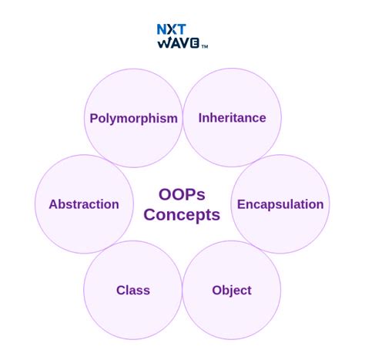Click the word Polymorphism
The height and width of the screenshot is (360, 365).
pyautogui.click(x=133, y=119)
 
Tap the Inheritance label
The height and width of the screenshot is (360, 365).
pyautogui.click(x=232, y=118)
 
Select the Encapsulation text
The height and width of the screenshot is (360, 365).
pyautogui.click(x=280, y=204)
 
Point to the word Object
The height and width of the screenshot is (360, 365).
pyautogui.click(x=232, y=291)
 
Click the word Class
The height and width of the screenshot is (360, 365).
pyautogui.click(x=133, y=291)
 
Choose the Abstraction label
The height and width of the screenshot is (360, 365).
pyautogui.click(x=84, y=204)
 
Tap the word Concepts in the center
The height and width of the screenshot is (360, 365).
pyautogui.click(x=182, y=215)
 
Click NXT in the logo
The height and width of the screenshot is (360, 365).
pyautogui.click(x=172, y=30)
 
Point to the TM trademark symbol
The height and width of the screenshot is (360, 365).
pyautogui.click(x=205, y=46)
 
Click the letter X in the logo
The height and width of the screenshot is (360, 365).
pyautogui.click(x=172, y=30)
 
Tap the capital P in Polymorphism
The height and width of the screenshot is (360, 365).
pyautogui.click(x=94, y=119)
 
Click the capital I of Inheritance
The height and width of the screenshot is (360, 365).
pyautogui.click(x=200, y=118)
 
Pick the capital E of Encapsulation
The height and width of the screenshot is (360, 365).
pyautogui.click(x=241, y=204)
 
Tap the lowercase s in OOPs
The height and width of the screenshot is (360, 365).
pyautogui.click(x=202, y=195)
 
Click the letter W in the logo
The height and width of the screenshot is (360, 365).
pyautogui.click(x=163, y=43)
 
